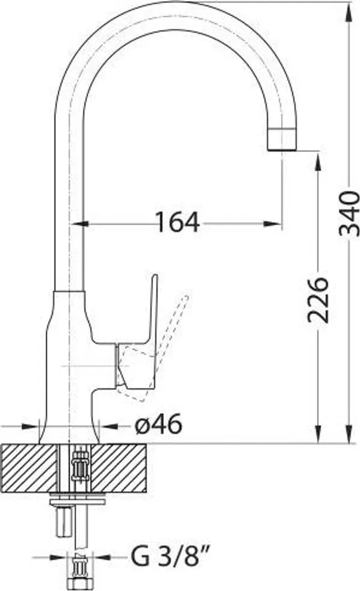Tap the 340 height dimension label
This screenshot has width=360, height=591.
349,214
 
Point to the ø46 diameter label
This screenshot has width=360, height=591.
159,425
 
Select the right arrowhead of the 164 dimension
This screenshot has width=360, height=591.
273,224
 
